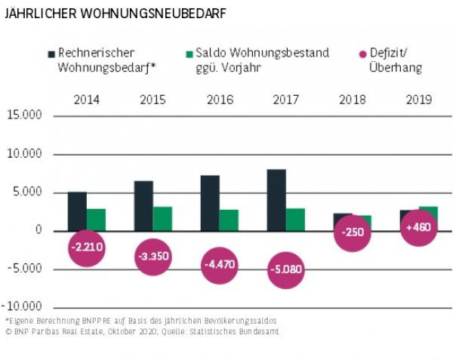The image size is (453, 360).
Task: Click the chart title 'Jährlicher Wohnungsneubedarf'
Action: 114,14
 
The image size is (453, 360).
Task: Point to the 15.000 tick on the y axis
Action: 26,115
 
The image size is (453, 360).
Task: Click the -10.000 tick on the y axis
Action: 26,307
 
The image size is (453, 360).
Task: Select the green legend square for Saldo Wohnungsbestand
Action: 190,54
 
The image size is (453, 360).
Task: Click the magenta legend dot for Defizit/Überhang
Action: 362,54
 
